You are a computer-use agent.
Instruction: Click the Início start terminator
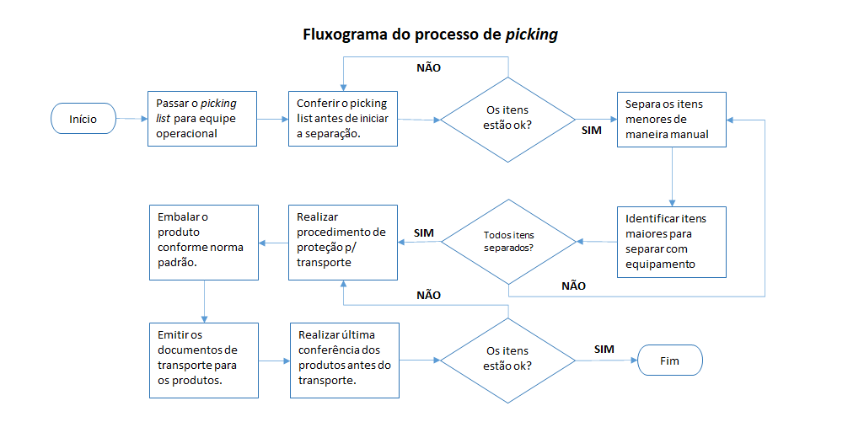83,119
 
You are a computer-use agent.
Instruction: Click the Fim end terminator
670,361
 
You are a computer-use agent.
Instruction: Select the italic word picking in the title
531,35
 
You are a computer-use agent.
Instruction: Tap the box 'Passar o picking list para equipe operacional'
202,119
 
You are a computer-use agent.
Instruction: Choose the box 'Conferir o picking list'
342,119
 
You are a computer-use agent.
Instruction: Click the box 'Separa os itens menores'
671,119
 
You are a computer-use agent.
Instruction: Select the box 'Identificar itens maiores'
671,241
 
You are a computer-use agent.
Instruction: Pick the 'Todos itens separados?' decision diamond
508,242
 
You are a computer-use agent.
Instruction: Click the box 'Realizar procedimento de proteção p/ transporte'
342,242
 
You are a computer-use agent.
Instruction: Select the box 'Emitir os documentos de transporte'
202,361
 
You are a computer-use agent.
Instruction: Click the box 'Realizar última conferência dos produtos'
342,361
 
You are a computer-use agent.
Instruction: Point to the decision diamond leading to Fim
508,361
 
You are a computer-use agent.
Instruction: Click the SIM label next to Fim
604,349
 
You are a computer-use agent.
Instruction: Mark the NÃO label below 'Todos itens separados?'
573,286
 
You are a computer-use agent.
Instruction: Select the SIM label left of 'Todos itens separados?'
424,232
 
